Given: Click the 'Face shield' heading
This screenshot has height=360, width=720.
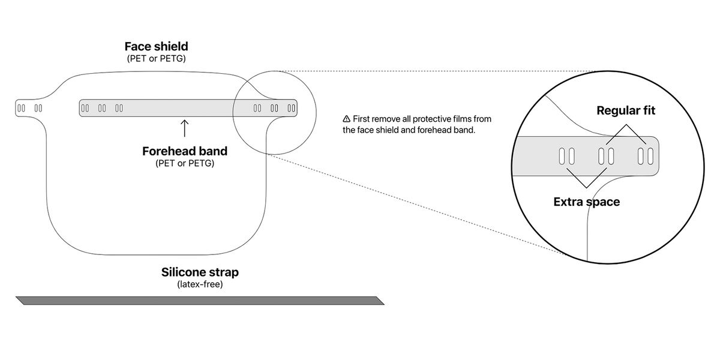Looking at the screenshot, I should [155, 46].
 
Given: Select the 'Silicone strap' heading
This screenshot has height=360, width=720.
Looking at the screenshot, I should [200, 272].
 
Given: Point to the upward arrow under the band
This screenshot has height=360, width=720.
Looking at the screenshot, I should [184, 128].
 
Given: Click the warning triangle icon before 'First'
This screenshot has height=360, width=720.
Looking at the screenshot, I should [346, 119].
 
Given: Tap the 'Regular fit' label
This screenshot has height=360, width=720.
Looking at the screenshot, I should [626, 111].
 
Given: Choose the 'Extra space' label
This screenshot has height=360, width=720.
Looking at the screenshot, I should [586, 202].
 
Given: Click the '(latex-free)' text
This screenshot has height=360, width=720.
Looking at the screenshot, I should [200, 284].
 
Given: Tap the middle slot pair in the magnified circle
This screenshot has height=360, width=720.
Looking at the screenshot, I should [606, 157].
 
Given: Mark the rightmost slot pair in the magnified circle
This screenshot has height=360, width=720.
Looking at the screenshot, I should [646, 157].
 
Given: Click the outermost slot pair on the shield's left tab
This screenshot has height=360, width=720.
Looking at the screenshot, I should [21, 108].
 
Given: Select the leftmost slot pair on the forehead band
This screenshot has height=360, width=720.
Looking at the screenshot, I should [85, 108].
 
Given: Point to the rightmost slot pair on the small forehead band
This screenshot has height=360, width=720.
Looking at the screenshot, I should [292, 109].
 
